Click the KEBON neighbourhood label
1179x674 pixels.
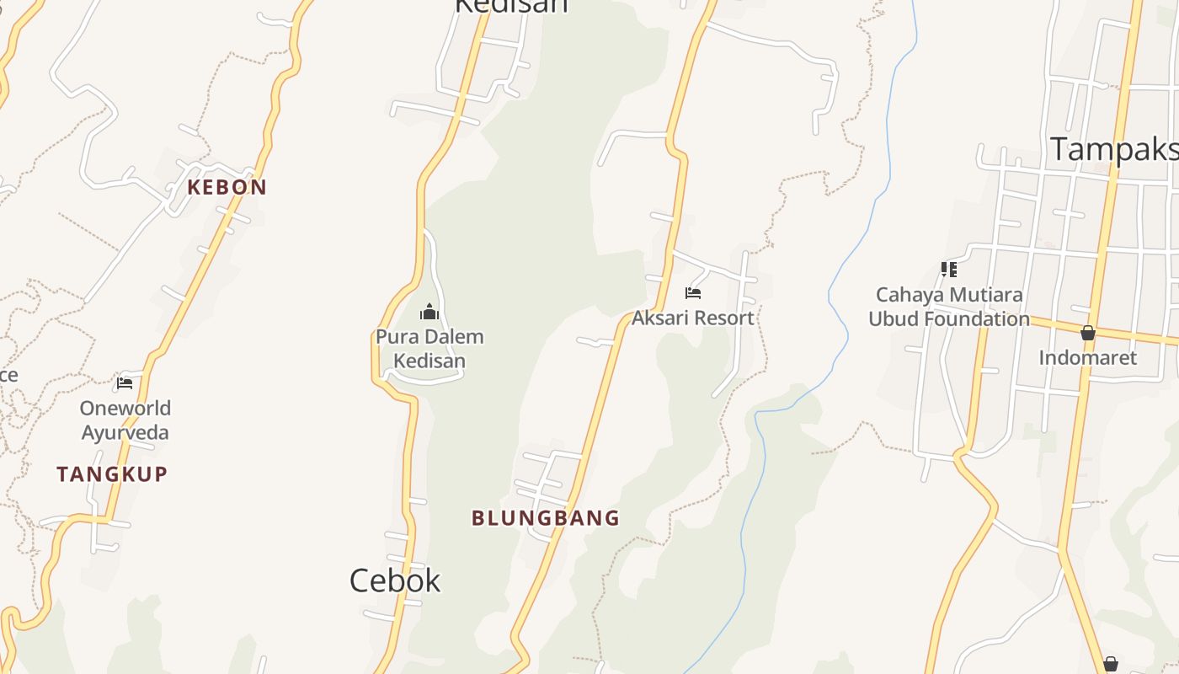(x=227, y=187)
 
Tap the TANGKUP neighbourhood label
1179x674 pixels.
(x=112, y=474)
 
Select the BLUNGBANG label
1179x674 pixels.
(x=546, y=518)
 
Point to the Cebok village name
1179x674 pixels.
(x=395, y=580)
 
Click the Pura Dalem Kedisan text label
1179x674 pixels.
(x=429, y=349)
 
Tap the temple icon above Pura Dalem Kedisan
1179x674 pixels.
(x=429, y=313)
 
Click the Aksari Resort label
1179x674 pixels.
(x=693, y=318)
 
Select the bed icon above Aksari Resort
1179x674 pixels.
(x=693, y=293)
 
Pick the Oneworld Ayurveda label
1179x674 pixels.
(x=125, y=420)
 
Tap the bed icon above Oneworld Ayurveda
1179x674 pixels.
(x=125, y=383)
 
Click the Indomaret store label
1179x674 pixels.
(x=1087, y=357)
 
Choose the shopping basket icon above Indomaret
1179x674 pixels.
(x=1088, y=333)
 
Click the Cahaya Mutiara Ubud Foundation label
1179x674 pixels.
(x=949, y=307)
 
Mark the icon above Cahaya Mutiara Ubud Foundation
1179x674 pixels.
(x=949, y=270)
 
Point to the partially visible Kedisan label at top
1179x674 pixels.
(x=511, y=7)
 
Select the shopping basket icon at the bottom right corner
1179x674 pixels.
(x=1111, y=664)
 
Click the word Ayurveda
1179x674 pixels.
(x=125, y=433)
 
